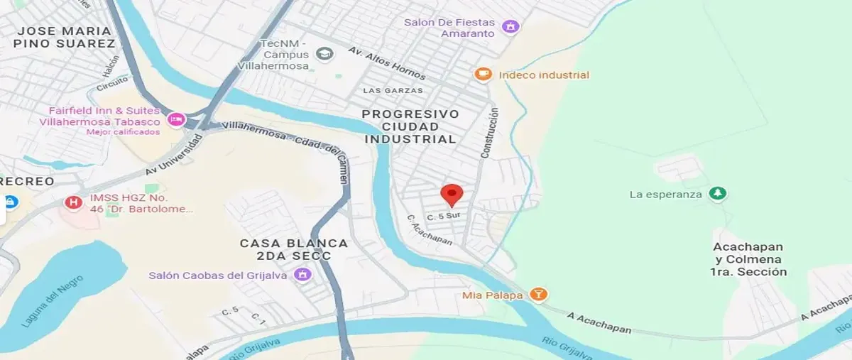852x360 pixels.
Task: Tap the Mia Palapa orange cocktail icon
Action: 539,294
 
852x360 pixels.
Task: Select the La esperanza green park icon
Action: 718,194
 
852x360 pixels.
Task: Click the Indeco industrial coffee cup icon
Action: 483,75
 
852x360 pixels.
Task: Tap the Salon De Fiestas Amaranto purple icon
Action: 509,27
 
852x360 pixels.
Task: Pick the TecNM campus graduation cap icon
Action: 324,54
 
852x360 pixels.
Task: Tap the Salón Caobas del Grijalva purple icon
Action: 303,275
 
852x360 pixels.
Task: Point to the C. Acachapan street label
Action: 430,230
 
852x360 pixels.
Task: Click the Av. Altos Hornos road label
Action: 387,63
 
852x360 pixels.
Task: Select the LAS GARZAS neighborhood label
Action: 393,91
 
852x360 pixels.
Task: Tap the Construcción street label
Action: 490,133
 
